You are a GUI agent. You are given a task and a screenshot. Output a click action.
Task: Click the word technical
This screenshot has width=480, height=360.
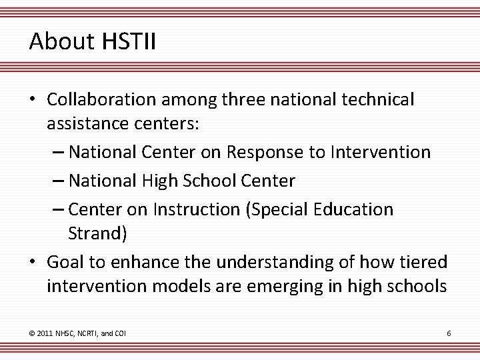click(377, 99)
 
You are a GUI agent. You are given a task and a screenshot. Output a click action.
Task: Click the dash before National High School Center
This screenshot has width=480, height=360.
click(58, 181)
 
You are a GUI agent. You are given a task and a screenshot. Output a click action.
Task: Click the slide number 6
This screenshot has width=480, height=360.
click(449, 332)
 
